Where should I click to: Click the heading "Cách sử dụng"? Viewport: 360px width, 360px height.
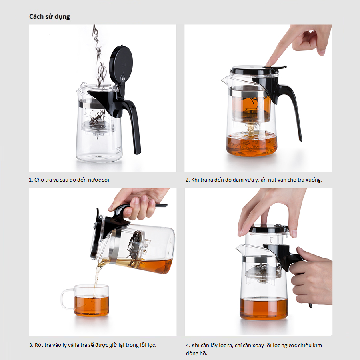[x=49, y=17]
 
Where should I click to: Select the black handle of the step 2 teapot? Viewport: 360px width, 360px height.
[x=292, y=108]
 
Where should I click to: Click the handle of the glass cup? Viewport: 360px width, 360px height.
[x=66, y=299]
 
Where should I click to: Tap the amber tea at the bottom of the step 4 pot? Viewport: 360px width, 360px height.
[x=264, y=308]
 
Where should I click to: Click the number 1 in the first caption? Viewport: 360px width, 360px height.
[x=30, y=180]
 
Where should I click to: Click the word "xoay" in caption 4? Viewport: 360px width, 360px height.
[x=258, y=346]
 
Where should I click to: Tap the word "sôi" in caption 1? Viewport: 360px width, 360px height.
[x=106, y=180]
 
